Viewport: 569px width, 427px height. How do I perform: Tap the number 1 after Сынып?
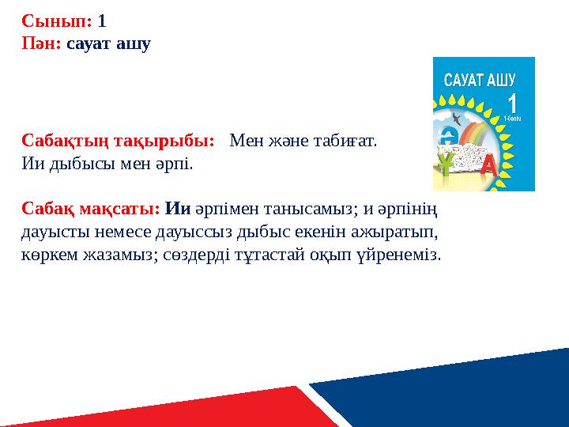coord(102,21)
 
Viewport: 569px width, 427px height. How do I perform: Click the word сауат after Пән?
coord(89,44)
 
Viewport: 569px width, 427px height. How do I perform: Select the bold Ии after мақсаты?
coord(178,209)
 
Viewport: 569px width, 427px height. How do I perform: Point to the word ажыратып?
coord(394,232)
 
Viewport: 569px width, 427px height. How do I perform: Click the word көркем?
coord(50,255)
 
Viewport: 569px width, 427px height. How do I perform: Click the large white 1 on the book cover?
coord(512,104)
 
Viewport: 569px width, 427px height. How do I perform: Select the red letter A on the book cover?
coord(489,164)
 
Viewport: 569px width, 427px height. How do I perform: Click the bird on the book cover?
coord(457,119)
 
